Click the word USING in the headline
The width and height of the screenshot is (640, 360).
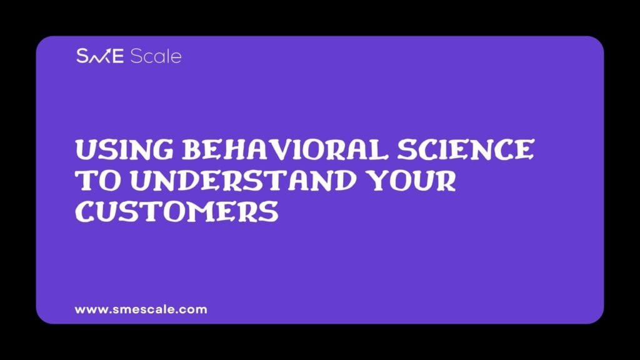(124, 149)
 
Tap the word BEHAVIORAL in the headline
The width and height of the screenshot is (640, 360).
(284, 149)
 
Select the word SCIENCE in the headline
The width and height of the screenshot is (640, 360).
(466, 149)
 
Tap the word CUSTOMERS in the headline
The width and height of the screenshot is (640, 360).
(177, 212)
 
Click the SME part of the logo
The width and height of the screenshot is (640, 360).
(100, 56)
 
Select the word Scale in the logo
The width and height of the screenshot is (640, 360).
(156, 56)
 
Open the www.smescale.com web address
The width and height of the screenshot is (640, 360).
(141, 309)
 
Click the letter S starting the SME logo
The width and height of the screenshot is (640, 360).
(82, 56)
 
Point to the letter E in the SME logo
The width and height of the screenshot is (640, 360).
(117, 56)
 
